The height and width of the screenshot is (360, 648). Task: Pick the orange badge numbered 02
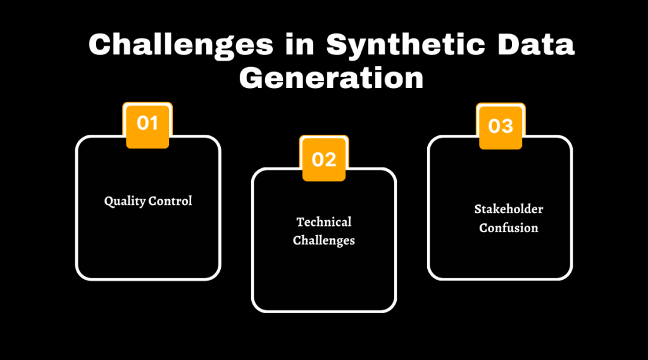pyautogui.click(x=324, y=159)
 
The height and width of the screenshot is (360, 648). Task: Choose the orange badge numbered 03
pyautogui.click(x=501, y=126)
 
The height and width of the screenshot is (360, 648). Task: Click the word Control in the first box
pyautogui.click(x=170, y=201)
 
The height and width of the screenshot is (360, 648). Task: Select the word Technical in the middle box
pyautogui.click(x=324, y=222)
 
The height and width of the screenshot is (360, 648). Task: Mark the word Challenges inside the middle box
pyautogui.click(x=324, y=240)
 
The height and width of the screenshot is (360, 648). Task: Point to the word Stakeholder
pyautogui.click(x=500, y=209)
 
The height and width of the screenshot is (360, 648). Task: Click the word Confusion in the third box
pyautogui.click(x=500, y=228)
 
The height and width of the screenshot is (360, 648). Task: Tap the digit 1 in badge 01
pyautogui.click(x=154, y=123)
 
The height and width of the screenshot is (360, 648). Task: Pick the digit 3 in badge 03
pyautogui.click(x=507, y=126)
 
